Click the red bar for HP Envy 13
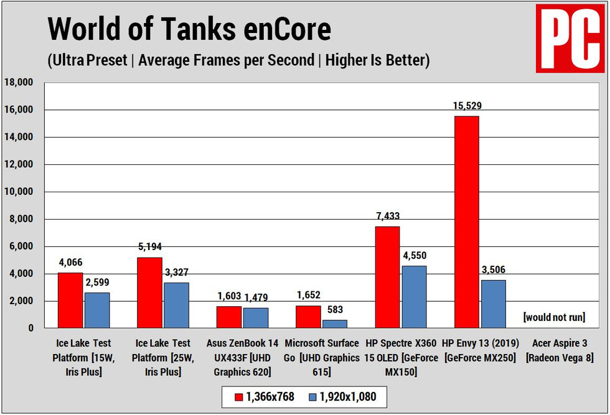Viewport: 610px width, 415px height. tap(466, 221)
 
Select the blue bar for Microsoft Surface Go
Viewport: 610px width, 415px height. tap(335, 324)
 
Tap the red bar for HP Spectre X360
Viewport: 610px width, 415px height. tap(387, 277)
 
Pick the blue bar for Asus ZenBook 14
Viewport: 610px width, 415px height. tap(256, 317)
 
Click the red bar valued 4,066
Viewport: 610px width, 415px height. tap(70, 300)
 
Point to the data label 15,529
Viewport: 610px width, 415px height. tap(466, 106)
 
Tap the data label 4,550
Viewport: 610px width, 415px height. tap(414, 256)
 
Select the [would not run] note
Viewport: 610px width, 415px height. tap(554, 317)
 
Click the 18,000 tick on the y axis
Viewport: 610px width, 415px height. tap(21, 82)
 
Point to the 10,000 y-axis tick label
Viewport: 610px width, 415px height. tap(21, 192)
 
